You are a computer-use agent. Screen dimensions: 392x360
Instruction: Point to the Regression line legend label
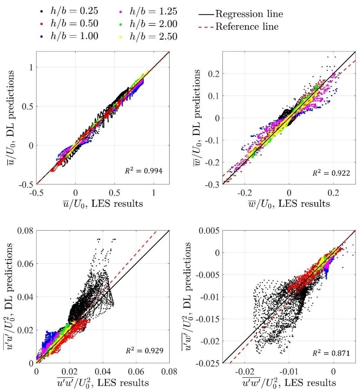(249, 14)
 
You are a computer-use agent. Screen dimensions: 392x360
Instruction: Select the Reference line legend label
(247, 26)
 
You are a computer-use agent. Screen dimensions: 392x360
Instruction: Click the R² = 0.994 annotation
(148, 170)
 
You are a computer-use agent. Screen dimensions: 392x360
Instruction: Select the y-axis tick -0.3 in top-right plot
(212, 184)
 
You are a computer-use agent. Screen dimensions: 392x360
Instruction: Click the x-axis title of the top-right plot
(289, 204)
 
